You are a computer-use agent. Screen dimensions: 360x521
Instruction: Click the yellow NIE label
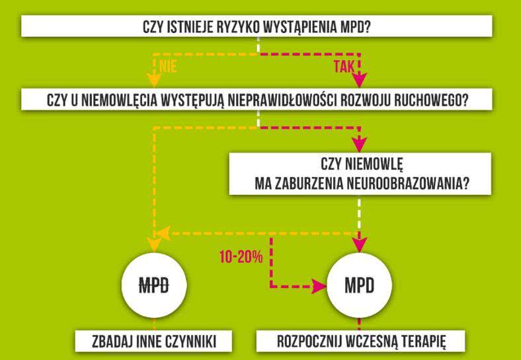168,66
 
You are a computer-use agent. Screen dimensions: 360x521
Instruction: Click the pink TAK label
344,66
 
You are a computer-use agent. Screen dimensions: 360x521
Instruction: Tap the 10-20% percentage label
241,257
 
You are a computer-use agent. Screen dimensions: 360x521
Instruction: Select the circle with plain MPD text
359,286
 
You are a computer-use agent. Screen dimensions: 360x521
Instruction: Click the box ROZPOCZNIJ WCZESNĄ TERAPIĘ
360,342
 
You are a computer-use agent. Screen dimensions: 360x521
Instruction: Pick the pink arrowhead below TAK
359,80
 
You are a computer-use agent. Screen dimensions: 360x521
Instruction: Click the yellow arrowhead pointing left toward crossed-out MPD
161,233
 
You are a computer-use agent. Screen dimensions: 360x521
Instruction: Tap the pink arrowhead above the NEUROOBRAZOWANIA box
359,144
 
